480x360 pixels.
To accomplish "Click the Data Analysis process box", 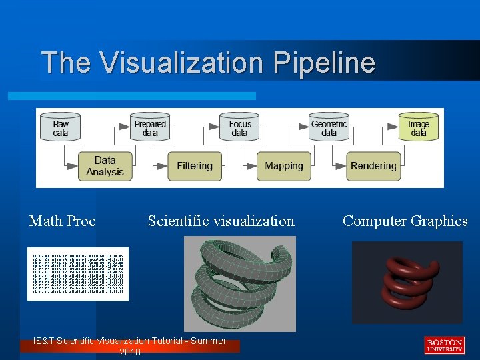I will pyautogui.click(x=105, y=166).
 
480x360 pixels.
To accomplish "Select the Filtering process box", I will pyautogui.click(x=195, y=166).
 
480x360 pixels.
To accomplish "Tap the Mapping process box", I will pyautogui.click(x=283, y=166).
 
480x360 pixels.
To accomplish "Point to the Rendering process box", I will pyautogui.click(x=373, y=166).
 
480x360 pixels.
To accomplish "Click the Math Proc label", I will pyautogui.click(x=63, y=221).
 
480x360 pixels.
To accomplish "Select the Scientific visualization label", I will pyautogui.click(x=221, y=221).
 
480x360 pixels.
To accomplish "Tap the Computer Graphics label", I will pyautogui.click(x=405, y=221).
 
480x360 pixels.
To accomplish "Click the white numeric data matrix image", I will pyautogui.click(x=78, y=273).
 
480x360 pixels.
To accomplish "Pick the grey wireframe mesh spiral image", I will pyautogui.click(x=240, y=283).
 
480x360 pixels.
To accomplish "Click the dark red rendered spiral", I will pyautogui.click(x=408, y=280).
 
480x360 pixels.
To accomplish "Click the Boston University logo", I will pyautogui.click(x=444, y=345).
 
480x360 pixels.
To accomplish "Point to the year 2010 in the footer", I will pyautogui.click(x=129, y=352).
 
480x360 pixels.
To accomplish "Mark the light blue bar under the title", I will pyautogui.click(x=132, y=96).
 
